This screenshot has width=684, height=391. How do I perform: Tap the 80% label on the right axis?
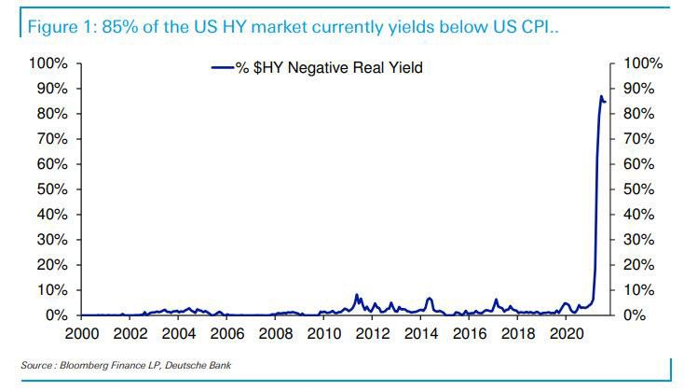(638, 114)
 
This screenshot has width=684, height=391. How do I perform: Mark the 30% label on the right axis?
(638, 240)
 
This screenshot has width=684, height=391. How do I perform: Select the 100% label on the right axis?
(642, 63)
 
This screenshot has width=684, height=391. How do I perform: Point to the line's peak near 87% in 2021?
(601, 96)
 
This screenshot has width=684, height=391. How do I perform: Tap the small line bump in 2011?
(356, 296)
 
